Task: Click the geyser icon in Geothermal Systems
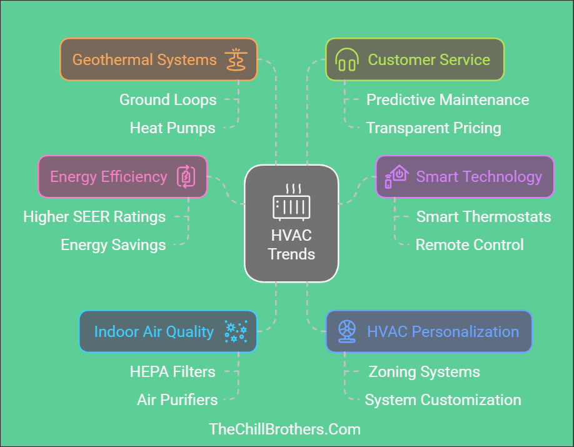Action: point(236,60)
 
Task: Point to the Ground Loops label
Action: point(168,99)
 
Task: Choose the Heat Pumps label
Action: point(173,128)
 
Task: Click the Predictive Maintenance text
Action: point(448,99)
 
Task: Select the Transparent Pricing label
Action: point(434,128)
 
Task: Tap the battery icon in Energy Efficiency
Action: point(186,177)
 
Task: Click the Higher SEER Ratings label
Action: point(94,217)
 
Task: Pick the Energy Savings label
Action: point(113,244)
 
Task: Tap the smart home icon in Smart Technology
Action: point(396,176)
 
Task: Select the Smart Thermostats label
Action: point(484,217)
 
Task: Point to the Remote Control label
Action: point(470,244)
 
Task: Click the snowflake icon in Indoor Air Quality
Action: point(236,331)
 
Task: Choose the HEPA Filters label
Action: point(173,371)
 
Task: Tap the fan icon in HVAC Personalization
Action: point(346,331)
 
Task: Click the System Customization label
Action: point(443,399)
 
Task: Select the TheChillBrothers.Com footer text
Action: point(285,429)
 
